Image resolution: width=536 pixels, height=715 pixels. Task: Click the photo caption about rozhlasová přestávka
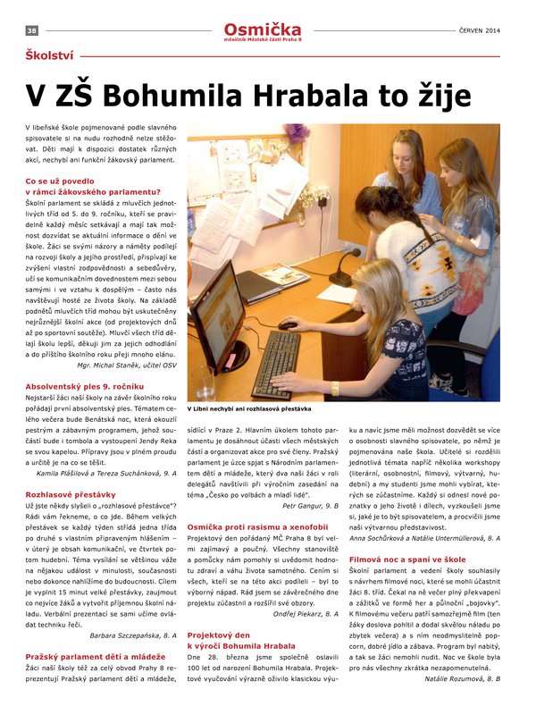(248, 408)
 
